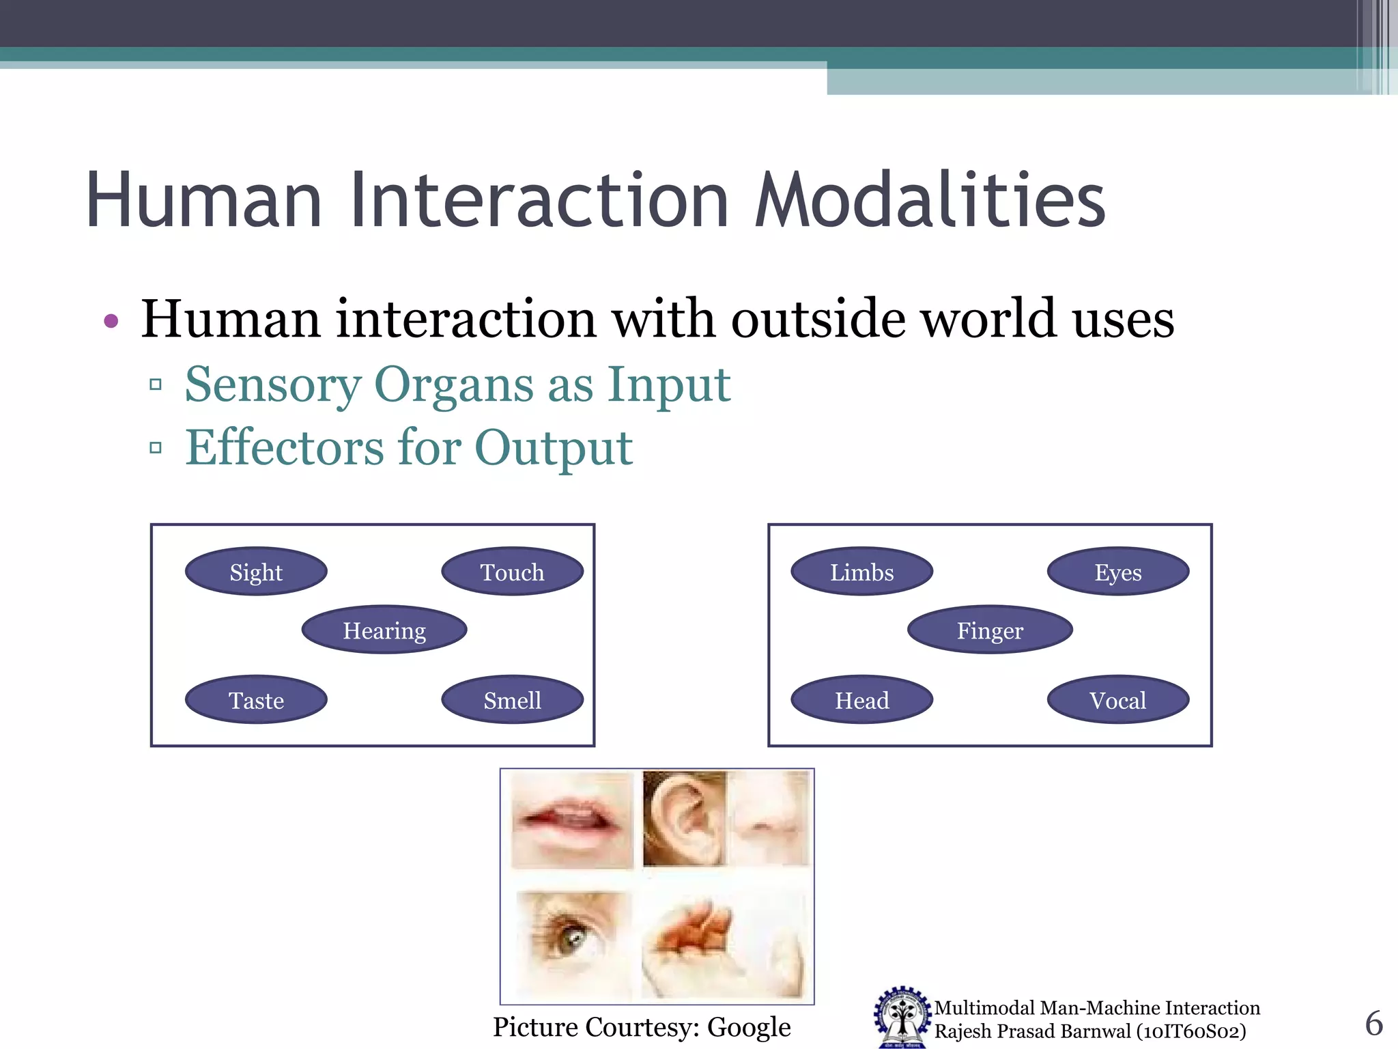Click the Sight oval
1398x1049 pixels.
256,572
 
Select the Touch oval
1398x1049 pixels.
512,572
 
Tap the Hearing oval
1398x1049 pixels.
384,630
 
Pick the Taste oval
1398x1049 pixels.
256,700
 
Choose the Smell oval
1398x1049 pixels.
512,700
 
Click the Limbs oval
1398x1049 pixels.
861,572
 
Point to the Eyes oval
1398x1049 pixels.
1118,572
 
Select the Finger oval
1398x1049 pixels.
990,630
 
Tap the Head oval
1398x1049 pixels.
861,700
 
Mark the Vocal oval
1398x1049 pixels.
1118,700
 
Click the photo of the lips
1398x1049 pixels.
572,820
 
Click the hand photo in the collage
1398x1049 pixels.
724,942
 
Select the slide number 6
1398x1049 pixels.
1373,1023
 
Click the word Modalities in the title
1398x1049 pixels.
930,200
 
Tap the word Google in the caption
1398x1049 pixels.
749,1027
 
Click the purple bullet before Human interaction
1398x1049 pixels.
111,321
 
